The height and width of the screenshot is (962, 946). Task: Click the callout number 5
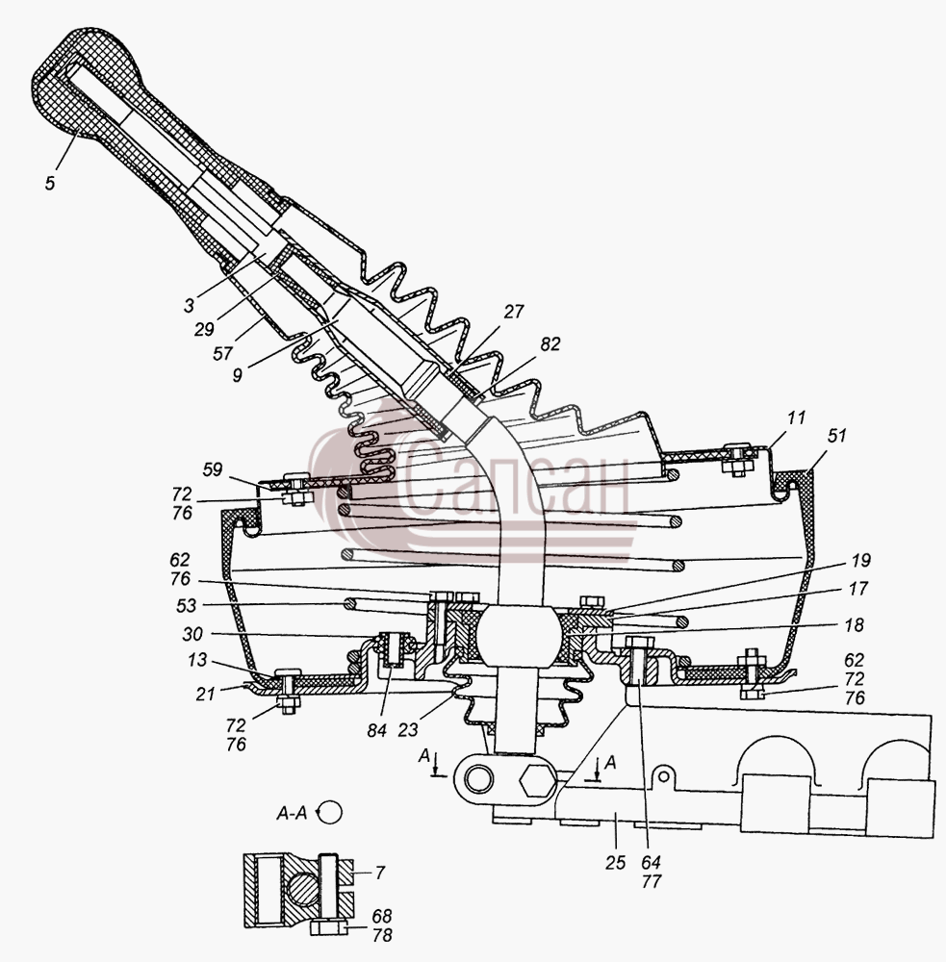tap(50, 183)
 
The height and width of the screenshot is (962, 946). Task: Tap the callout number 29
tap(204, 329)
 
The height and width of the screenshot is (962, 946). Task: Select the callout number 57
tap(223, 353)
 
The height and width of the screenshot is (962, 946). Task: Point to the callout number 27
tap(513, 312)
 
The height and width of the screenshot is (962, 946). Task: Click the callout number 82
tap(550, 344)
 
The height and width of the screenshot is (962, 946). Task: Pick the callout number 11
tap(796, 418)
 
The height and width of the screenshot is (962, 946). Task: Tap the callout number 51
tap(836, 436)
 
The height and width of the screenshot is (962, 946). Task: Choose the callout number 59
tap(213, 470)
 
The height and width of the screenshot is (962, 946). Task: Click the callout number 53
tap(186, 605)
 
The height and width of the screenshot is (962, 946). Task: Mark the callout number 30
tap(192, 634)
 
